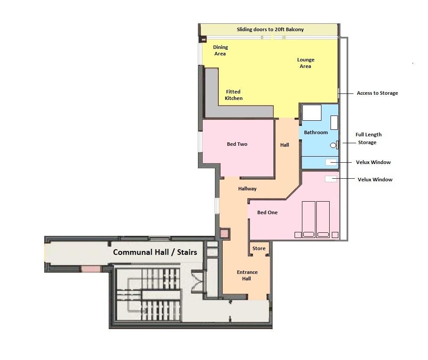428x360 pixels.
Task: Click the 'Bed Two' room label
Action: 237,144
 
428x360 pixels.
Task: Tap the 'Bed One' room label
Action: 267,212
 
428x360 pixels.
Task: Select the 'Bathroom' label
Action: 316,132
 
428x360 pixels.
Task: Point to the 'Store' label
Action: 259,248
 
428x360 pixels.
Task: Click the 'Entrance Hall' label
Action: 247,275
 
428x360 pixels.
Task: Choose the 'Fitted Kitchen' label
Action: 233,95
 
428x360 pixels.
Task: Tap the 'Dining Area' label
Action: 220,50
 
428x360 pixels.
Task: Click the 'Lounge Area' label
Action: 305,63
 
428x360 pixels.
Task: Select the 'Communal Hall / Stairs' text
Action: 155,252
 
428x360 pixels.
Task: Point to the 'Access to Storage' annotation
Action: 377,93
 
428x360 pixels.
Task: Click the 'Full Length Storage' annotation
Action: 368,138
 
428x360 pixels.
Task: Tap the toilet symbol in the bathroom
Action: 334,145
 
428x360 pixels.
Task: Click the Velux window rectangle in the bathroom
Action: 331,162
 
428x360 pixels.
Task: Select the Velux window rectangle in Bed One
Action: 331,179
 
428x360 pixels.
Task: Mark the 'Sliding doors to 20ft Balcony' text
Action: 270,29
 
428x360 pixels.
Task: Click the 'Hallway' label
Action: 247,189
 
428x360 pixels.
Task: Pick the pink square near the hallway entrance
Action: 224,234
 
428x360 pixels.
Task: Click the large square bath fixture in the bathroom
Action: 311,112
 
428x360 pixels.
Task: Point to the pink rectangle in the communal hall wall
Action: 91,269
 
